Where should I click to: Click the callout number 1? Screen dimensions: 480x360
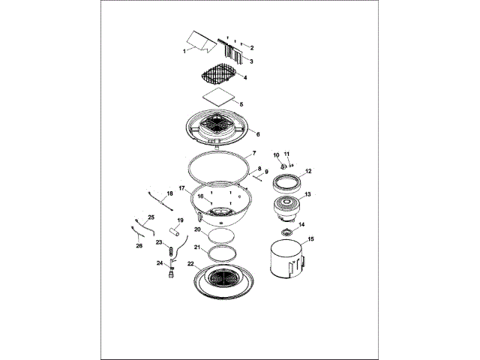pos(184,51)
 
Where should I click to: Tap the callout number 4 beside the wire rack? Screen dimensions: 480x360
pos(245,77)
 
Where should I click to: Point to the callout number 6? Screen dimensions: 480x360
pos(258,135)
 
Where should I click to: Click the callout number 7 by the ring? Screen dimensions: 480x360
pos(255,153)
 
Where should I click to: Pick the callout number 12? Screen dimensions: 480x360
pos(308,171)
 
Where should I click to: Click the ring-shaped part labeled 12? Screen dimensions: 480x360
pos(286,181)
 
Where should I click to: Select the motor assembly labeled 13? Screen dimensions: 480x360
pos(285,208)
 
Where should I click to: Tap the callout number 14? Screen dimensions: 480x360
pos(302,224)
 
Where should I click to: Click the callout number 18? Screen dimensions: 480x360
pos(169,194)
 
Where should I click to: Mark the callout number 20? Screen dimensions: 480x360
pos(197,229)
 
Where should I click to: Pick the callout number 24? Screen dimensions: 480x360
pos(159,263)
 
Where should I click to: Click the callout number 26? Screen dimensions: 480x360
pos(139,244)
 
